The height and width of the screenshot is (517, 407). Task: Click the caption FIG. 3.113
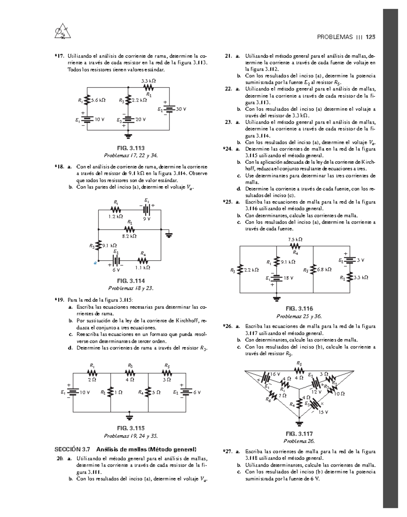tap(131, 148)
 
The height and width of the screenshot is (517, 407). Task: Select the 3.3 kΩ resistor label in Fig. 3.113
tap(149, 81)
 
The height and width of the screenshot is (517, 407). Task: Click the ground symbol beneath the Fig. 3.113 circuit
tap(128, 136)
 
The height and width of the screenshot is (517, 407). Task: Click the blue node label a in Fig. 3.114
tap(95, 262)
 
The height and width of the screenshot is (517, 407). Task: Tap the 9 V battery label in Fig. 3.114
tap(147, 219)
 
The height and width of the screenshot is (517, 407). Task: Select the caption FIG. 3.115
tap(131, 428)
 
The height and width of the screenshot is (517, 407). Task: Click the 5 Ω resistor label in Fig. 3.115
tap(156, 392)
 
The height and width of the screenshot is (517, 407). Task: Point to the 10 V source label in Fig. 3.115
tap(85, 392)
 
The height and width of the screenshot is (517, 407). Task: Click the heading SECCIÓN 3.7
tap(73, 450)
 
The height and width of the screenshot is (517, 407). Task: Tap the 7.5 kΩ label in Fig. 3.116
tap(295, 239)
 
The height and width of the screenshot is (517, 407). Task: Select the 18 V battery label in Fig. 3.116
tap(288, 278)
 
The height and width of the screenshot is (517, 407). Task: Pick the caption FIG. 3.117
tap(299, 434)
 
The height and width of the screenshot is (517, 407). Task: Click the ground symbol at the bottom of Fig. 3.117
tap(299, 423)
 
